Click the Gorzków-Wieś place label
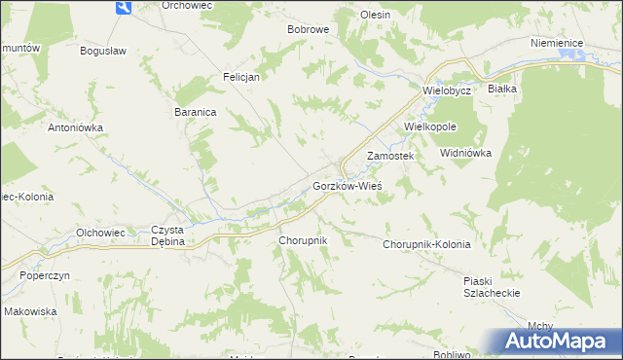(x=347, y=186)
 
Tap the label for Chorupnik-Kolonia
(x=426, y=244)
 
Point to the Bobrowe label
(x=309, y=29)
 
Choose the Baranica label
(x=195, y=112)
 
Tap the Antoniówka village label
(x=76, y=126)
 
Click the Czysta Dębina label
(x=167, y=235)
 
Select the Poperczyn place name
(x=45, y=275)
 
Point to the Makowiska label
(x=30, y=311)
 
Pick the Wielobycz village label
(x=447, y=90)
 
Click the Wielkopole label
(x=430, y=126)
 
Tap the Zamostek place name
(x=390, y=156)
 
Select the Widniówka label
(x=466, y=154)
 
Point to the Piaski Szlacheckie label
(x=492, y=286)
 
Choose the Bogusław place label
(x=105, y=51)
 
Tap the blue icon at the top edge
(x=123, y=7)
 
